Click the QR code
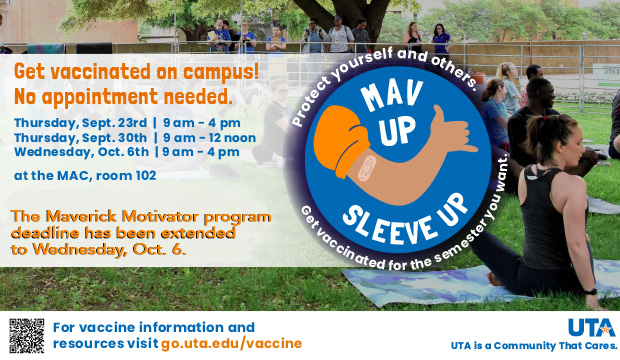(x=27, y=335)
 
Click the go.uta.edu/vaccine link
(x=231, y=343)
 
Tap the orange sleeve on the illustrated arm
(x=336, y=143)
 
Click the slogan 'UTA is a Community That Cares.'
(x=531, y=346)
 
